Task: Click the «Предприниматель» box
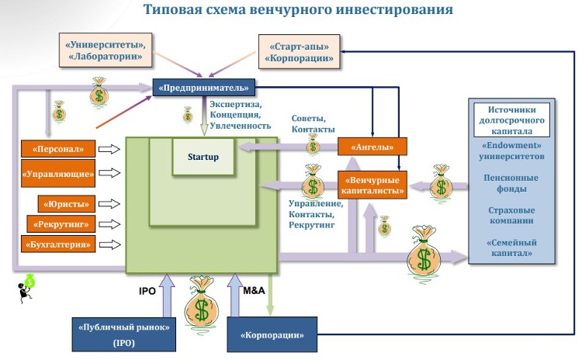[x=204, y=88]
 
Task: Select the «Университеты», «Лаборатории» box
[x=106, y=50]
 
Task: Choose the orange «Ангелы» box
[x=372, y=146]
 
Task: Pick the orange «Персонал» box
[x=58, y=147]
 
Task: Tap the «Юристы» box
[x=67, y=205]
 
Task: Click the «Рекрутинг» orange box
[x=62, y=225]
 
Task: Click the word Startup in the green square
[x=203, y=157]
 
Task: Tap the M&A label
[x=255, y=290]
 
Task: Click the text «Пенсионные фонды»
[x=512, y=182]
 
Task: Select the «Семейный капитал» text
[x=512, y=248]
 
